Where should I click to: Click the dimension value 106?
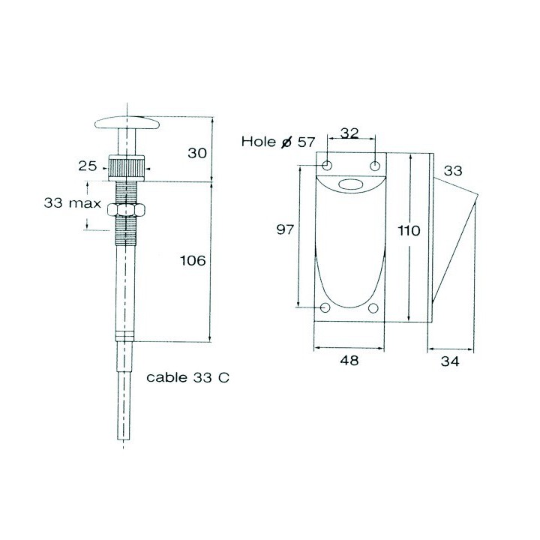click(193, 260)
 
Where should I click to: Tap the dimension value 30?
click(197, 152)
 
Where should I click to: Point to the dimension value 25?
click(88, 165)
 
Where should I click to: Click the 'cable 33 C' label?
click(187, 377)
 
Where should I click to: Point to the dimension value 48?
click(349, 361)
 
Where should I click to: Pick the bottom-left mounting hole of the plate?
click(325, 307)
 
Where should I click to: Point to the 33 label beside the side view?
click(452, 171)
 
